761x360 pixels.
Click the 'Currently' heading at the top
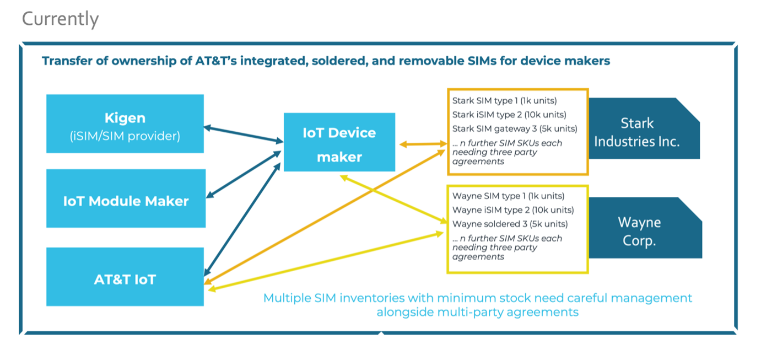pos(60,19)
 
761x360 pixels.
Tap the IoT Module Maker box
pos(126,201)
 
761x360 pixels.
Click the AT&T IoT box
pos(125,279)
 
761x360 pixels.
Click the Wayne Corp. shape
pos(639,232)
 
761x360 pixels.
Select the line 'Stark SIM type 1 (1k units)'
pos(504,101)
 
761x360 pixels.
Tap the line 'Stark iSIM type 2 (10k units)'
pos(509,115)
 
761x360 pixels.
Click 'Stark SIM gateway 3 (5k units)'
pos(515,128)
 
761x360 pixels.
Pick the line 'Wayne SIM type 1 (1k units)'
pos(508,196)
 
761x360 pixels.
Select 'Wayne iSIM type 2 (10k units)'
pos(513,210)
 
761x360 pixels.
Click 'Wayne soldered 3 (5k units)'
pos(510,224)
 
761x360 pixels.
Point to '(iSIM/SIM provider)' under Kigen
pos(125,136)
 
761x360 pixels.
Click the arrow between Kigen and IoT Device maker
pos(243,135)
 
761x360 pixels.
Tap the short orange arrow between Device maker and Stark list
pos(423,144)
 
